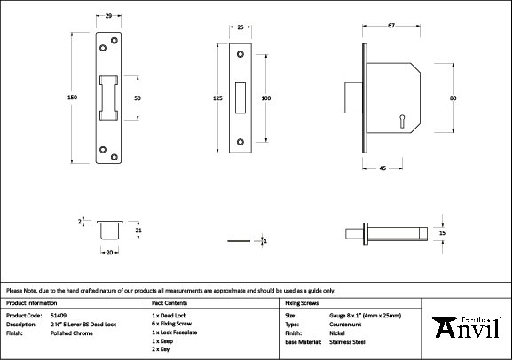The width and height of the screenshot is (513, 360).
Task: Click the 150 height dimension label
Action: (x=72, y=98)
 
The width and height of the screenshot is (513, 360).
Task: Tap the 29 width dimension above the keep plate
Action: (x=108, y=15)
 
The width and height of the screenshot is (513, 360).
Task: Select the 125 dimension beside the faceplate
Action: (x=218, y=98)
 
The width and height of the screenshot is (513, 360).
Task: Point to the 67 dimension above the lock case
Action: (x=391, y=26)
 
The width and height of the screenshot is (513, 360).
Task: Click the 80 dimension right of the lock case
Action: (x=454, y=98)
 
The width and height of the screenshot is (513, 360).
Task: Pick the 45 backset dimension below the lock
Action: (x=383, y=168)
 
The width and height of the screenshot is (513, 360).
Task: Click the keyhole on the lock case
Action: (x=402, y=120)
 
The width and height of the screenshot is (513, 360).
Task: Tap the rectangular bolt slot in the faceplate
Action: (x=241, y=98)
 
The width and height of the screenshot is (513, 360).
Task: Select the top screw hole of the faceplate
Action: (x=241, y=54)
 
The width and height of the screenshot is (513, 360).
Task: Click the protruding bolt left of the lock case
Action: (x=353, y=98)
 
